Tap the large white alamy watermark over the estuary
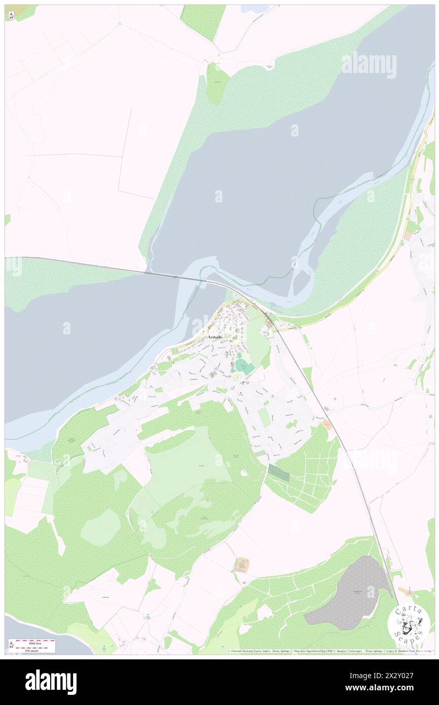click(x=369, y=64)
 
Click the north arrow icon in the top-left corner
click(x=11, y=16)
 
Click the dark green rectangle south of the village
click(x=278, y=474)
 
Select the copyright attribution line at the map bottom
click(x=330, y=651)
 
